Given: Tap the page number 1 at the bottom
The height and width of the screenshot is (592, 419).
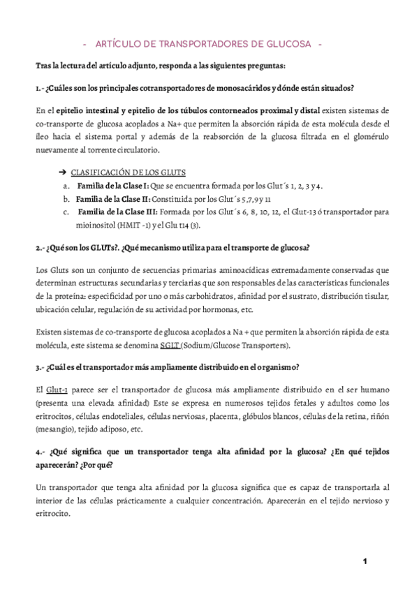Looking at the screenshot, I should (x=365, y=562).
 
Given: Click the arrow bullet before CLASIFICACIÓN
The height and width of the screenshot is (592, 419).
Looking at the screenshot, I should (x=61, y=172).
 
